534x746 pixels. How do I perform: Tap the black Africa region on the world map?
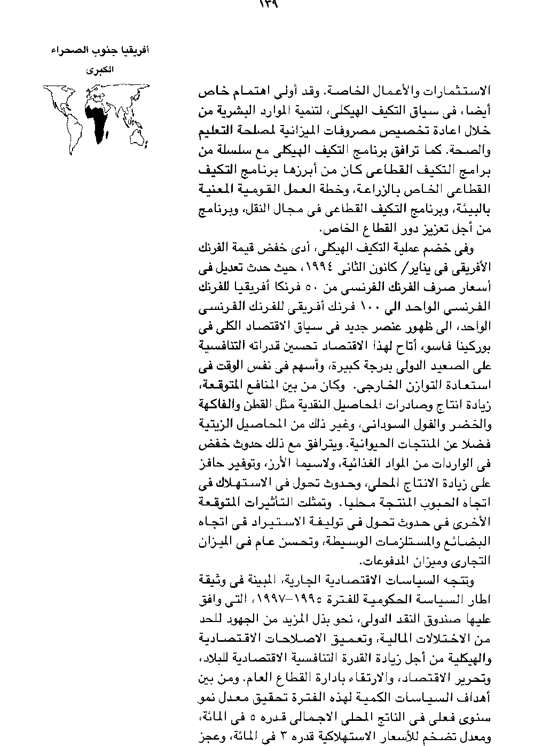pyautogui.click(x=97, y=120)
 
